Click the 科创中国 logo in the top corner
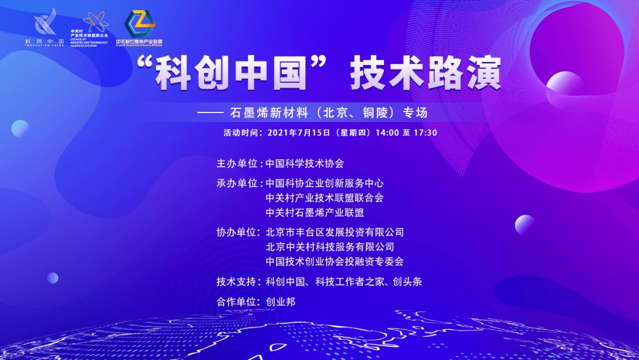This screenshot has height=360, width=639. point(45,27)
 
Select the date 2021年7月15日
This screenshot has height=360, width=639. point(299,132)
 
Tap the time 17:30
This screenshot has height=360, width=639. point(424,132)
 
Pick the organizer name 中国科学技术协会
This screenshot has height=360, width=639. point(305,163)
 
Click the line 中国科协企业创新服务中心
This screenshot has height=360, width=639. point(325,183)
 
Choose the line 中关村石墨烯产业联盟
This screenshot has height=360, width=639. point(315,212)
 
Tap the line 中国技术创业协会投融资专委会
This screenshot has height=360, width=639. point(335,261)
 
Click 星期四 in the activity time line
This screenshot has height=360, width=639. point(353,132)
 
